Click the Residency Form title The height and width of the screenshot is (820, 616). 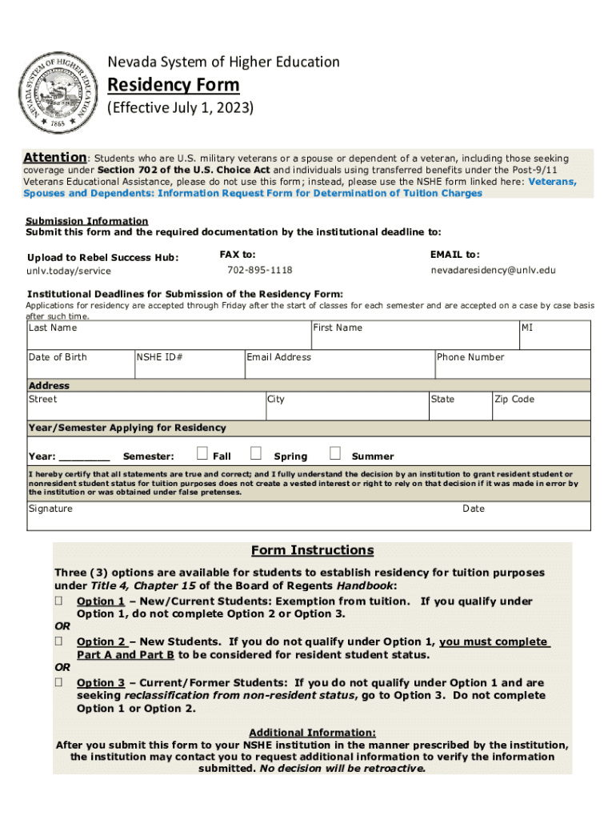coord(173,85)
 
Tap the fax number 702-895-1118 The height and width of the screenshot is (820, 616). coord(259,271)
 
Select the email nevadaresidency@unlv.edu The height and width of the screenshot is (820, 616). coord(493,271)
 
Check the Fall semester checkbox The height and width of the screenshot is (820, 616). coord(202,454)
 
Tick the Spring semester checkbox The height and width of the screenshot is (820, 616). coord(256,454)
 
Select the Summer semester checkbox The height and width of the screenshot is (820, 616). coord(335,454)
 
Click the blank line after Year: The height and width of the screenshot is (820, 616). coord(85,458)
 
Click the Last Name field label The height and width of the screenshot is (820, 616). coord(53,328)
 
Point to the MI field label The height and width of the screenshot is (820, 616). coord(528,328)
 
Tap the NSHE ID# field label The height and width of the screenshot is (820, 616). coord(160,357)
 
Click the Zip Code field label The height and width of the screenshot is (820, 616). coord(514,400)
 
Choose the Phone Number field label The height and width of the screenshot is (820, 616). coord(470,357)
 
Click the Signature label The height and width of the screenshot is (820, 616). coord(50,508)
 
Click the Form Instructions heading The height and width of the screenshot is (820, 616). coord(312,550)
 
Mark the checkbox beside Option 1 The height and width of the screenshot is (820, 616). coord(58,601)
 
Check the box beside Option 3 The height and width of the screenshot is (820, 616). coord(58,683)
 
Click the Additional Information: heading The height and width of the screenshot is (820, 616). coord(312,732)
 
